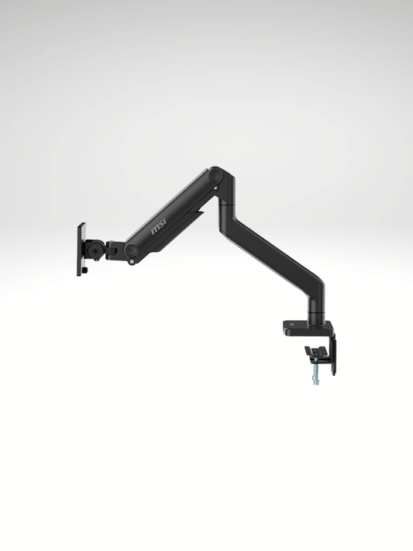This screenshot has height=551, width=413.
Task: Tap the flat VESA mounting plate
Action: click(x=81, y=249)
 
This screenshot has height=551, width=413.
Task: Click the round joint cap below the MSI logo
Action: click(x=132, y=250)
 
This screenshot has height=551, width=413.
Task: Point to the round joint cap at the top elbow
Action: click(x=216, y=177)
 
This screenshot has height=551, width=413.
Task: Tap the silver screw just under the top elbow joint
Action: click(x=215, y=190)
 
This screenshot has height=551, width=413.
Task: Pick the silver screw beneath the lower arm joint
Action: click(x=136, y=262)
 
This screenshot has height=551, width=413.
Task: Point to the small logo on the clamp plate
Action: click(x=291, y=323)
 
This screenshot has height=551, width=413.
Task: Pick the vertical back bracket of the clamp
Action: click(x=334, y=352)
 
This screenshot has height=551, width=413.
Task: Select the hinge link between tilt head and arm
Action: click(x=114, y=250)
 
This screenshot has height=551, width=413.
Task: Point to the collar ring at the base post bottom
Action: click(x=316, y=319)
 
